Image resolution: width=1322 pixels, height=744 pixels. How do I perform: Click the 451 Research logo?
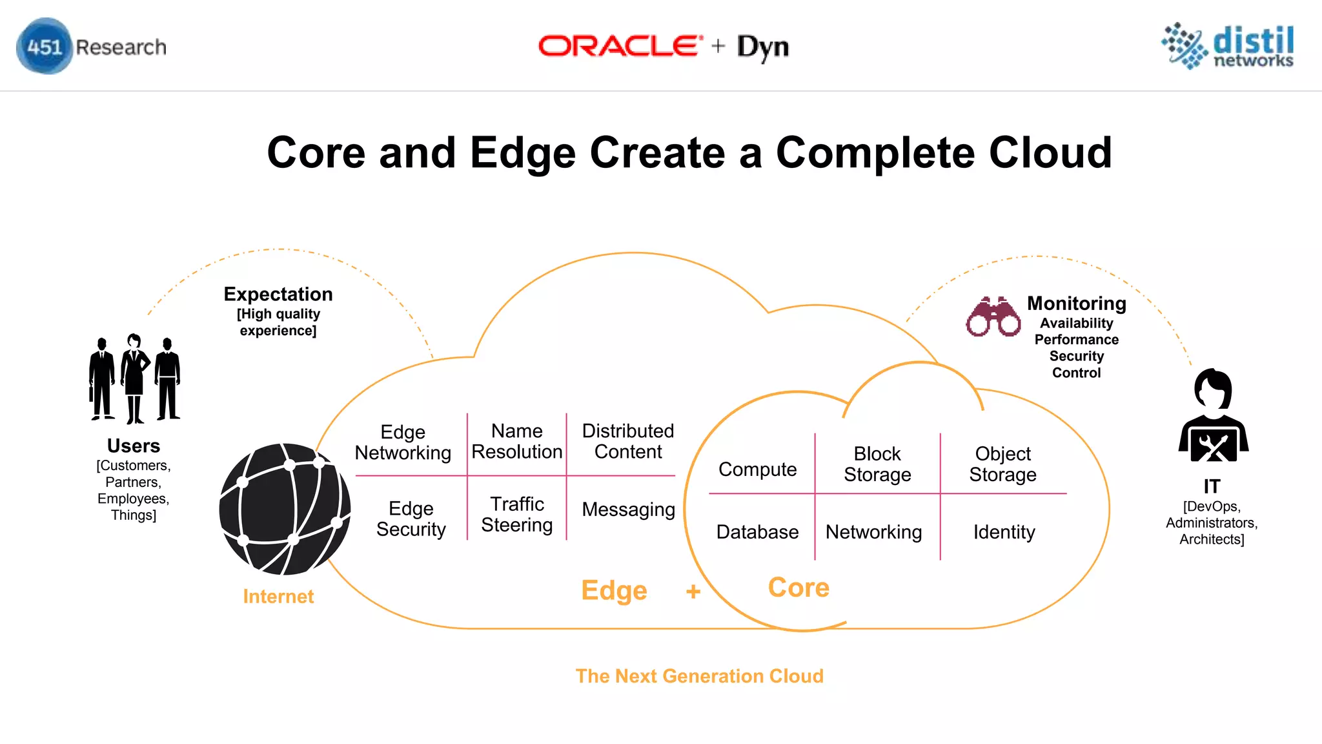(91, 46)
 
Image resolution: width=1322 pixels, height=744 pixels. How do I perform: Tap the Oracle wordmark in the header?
(620, 46)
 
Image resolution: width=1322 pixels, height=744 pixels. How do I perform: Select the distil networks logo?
(1228, 46)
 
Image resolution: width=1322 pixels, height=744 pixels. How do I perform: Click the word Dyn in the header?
(763, 47)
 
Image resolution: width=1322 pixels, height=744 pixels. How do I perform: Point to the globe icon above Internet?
(285, 509)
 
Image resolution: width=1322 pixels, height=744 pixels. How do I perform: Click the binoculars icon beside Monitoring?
(993, 317)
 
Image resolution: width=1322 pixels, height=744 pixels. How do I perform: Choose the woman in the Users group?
(134, 378)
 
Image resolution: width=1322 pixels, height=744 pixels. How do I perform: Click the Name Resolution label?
(517, 441)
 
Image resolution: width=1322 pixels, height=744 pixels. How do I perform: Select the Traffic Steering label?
(517, 514)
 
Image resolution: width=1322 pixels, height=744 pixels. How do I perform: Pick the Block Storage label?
(877, 464)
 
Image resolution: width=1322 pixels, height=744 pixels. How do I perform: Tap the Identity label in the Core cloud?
(1004, 532)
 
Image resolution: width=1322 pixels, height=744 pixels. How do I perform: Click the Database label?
(757, 532)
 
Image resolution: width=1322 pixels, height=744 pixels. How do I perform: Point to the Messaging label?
(628, 510)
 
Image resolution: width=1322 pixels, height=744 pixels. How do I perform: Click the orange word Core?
(798, 587)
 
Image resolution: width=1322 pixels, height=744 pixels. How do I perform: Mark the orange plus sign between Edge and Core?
(693, 591)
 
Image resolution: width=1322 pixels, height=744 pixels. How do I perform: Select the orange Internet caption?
(278, 596)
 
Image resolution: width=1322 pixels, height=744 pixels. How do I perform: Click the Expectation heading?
(278, 294)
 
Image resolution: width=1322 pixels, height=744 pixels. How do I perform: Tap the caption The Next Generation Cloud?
(699, 676)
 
